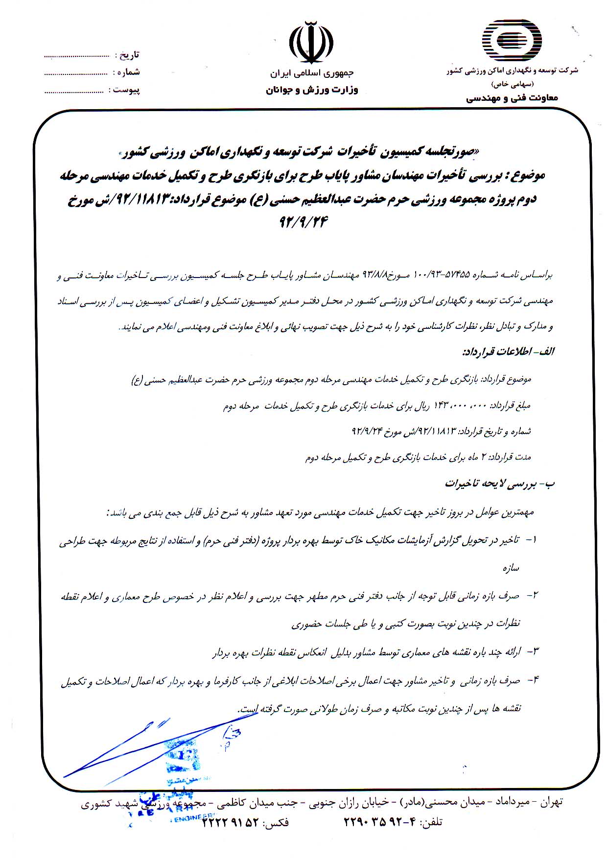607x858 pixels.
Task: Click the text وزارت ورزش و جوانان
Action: (x=312, y=90)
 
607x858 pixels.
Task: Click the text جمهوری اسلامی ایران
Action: (x=311, y=73)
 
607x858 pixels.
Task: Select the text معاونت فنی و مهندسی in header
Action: (x=512, y=98)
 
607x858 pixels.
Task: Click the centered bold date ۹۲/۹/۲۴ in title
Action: (x=303, y=222)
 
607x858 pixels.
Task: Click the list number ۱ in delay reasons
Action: (x=533, y=539)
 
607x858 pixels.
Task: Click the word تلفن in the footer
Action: (x=432, y=822)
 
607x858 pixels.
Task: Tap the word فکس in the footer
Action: (x=276, y=822)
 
